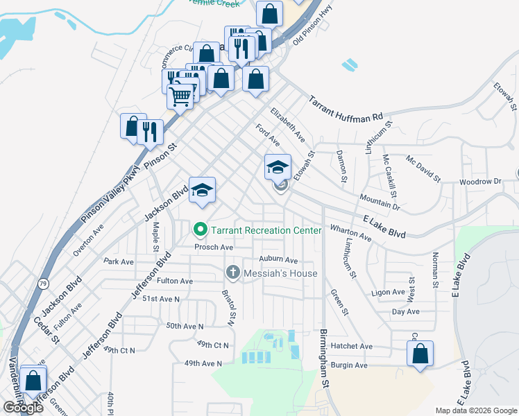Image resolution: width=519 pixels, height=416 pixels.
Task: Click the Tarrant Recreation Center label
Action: [x=266, y=230]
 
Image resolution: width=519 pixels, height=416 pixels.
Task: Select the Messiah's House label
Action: [x=280, y=273]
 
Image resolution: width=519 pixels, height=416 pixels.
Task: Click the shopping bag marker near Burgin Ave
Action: [x=420, y=354]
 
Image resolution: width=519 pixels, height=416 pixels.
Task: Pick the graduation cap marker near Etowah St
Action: [x=278, y=167]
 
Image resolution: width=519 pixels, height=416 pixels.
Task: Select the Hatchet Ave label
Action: [x=352, y=346]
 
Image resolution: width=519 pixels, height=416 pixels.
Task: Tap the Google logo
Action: [x=23, y=407]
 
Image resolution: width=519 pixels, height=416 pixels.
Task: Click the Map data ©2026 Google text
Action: [x=475, y=410]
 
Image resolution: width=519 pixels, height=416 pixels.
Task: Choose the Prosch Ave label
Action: [x=213, y=247]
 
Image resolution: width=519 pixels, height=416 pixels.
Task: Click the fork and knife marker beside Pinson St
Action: [x=150, y=132]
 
